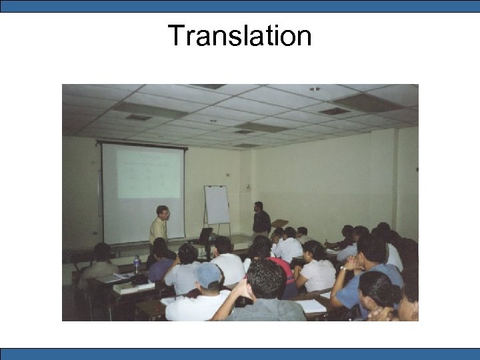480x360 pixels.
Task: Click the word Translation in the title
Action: [x=239, y=35]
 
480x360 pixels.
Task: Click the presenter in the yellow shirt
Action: [x=159, y=227]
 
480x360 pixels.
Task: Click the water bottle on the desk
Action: [x=137, y=265]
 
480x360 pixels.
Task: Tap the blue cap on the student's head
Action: [x=207, y=274]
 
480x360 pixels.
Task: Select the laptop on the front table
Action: [x=205, y=235]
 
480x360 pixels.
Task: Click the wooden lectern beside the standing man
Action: [x=279, y=224]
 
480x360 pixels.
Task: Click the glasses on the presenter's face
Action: [x=164, y=213]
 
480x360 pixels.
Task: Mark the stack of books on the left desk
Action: [x=126, y=287]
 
